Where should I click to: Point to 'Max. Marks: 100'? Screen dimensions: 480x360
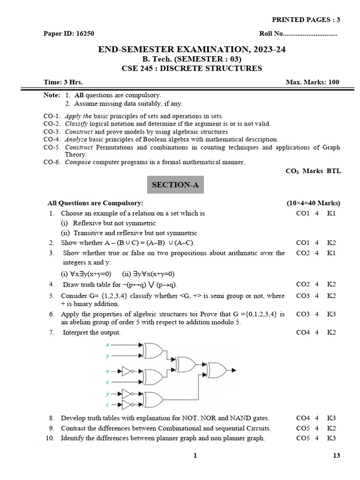pyautogui.click(x=312, y=82)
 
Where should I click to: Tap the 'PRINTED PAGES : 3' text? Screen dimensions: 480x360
pyautogui.click(x=306, y=19)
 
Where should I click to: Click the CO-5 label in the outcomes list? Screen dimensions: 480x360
pyautogui.click(x=52, y=147)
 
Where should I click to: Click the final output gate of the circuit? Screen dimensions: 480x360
pyautogui.click(x=216, y=369)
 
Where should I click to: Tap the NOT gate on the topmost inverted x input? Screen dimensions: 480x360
pyautogui.click(x=127, y=371)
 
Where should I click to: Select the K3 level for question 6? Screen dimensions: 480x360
pyautogui.click(x=332, y=313)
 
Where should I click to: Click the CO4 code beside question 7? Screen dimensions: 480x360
pyautogui.click(x=303, y=332)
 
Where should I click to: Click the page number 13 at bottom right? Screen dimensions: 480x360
pyautogui.click(x=336, y=455)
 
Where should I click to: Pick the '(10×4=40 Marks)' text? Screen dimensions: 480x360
pyautogui.click(x=313, y=203)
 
